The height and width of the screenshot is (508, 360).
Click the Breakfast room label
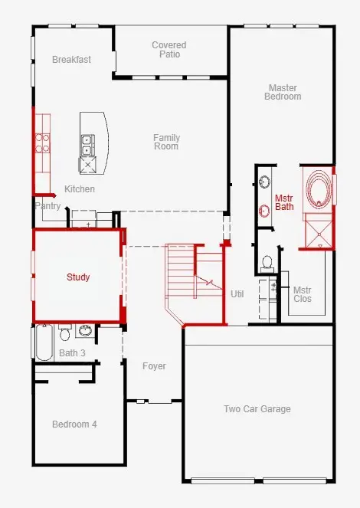[x=71, y=60]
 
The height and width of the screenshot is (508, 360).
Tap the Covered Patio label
[x=169, y=50]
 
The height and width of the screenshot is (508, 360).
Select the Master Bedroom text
[x=283, y=92]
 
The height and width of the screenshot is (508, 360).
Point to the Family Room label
[x=166, y=142]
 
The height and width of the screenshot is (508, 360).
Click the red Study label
[x=78, y=277]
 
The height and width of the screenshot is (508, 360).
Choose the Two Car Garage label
[x=257, y=409]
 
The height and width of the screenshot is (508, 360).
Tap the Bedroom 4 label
[x=74, y=424]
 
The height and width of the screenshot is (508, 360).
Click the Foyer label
[x=154, y=366]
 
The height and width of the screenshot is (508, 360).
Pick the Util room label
[x=237, y=294]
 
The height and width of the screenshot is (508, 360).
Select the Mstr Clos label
[x=303, y=294]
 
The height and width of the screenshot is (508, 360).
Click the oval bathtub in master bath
[x=319, y=189]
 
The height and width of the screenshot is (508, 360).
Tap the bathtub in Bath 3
[x=44, y=342]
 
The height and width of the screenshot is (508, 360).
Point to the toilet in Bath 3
[x=65, y=333]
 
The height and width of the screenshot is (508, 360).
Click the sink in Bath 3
[x=86, y=330]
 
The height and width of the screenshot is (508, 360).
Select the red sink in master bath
[x=264, y=211]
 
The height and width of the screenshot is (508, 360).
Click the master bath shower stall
[x=319, y=231]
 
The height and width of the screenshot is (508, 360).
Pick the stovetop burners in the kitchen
[x=42, y=143]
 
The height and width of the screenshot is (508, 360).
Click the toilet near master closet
[x=267, y=263]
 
